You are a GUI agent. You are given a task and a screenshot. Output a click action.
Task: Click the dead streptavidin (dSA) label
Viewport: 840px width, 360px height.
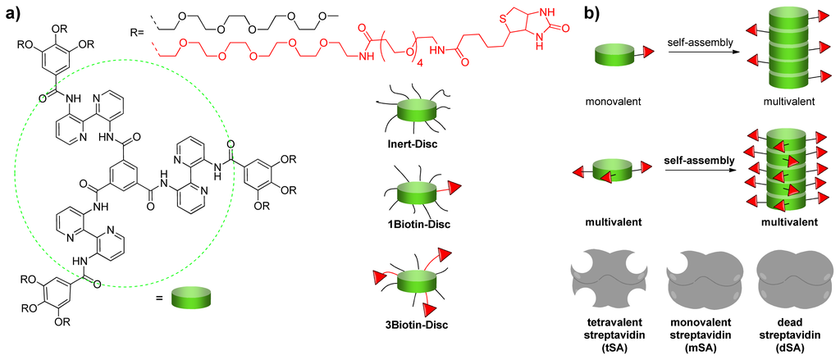click(789, 331)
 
